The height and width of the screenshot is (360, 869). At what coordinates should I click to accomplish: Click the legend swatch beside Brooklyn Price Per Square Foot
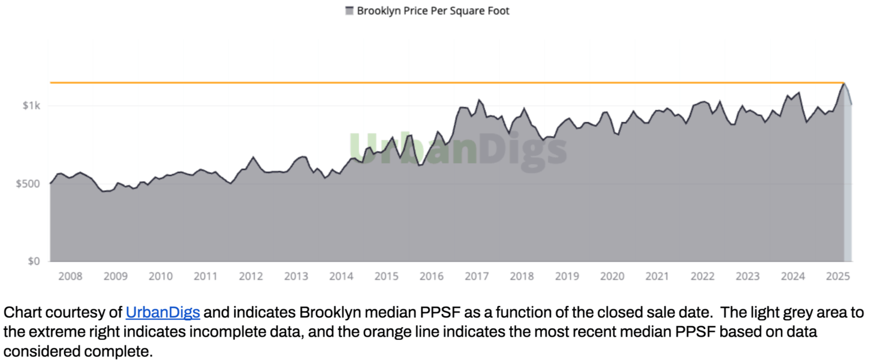[349, 11]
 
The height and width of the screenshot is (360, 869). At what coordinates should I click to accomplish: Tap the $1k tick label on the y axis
[31, 106]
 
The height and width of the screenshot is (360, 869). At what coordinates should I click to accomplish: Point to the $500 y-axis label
[28, 184]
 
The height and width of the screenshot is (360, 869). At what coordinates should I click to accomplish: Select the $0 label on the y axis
[33, 261]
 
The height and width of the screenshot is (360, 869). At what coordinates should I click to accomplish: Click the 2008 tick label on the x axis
[70, 276]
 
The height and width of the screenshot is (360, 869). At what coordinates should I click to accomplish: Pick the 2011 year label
[205, 276]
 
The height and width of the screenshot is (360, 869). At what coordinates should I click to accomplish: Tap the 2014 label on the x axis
[341, 276]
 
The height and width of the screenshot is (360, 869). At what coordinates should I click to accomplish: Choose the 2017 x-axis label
[477, 276]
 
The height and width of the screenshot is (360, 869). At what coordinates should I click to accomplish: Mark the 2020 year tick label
[612, 276]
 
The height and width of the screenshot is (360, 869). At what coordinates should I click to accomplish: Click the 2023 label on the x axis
[747, 276]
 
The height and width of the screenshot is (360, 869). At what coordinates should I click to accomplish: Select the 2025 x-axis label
[838, 276]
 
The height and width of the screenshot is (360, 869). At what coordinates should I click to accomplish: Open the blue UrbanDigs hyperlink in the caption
[162, 312]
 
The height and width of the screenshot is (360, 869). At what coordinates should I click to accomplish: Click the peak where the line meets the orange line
[844, 83]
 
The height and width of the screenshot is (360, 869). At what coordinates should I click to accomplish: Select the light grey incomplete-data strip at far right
[848, 181]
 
